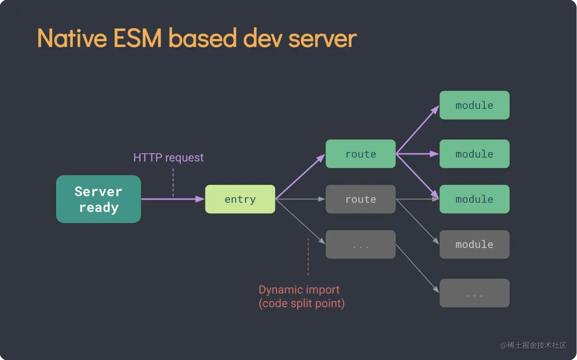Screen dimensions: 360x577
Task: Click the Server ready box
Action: point(99,199)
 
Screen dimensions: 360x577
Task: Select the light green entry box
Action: point(240,199)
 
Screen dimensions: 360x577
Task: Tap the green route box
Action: point(361,154)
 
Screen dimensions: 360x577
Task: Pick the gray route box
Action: point(361,199)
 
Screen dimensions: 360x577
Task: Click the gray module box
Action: point(474,245)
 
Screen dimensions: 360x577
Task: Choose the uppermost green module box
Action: point(474,105)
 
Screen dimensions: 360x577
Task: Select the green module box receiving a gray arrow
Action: point(474,199)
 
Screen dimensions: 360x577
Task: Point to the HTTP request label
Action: point(168,158)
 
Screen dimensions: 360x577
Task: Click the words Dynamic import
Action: point(299,290)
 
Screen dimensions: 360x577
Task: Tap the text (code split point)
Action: point(301,304)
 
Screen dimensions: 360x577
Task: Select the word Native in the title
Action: point(72,39)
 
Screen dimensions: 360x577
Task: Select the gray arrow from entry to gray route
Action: point(300,199)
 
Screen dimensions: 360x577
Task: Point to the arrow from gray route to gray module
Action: point(417,222)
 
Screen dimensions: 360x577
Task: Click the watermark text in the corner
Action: point(533,346)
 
